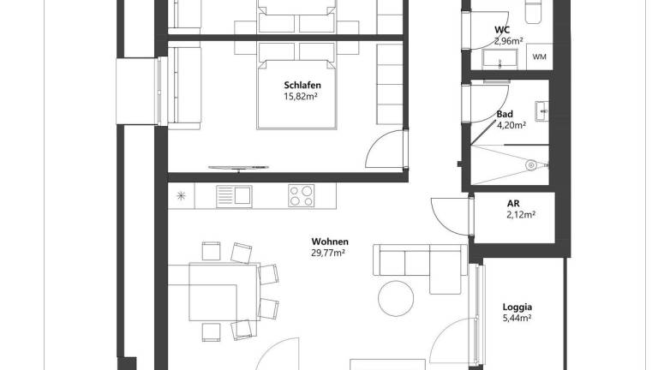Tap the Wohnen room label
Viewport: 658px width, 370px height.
[329, 242]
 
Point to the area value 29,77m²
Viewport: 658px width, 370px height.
[328, 253]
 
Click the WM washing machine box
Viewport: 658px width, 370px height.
[540, 57]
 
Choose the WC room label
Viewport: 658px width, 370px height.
[502, 30]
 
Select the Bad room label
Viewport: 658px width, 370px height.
[505, 113]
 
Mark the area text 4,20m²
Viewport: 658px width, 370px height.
[514, 127]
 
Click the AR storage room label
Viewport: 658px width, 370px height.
[513, 203]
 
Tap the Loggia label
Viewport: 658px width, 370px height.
[517, 306]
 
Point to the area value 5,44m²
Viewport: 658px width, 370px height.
[517, 318]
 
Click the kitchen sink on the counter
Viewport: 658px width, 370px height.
[234, 195]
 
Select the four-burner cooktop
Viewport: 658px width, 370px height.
[301, 195]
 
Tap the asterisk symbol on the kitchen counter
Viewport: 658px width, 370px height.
[181, 195]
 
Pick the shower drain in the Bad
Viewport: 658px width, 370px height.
[531, 164]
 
